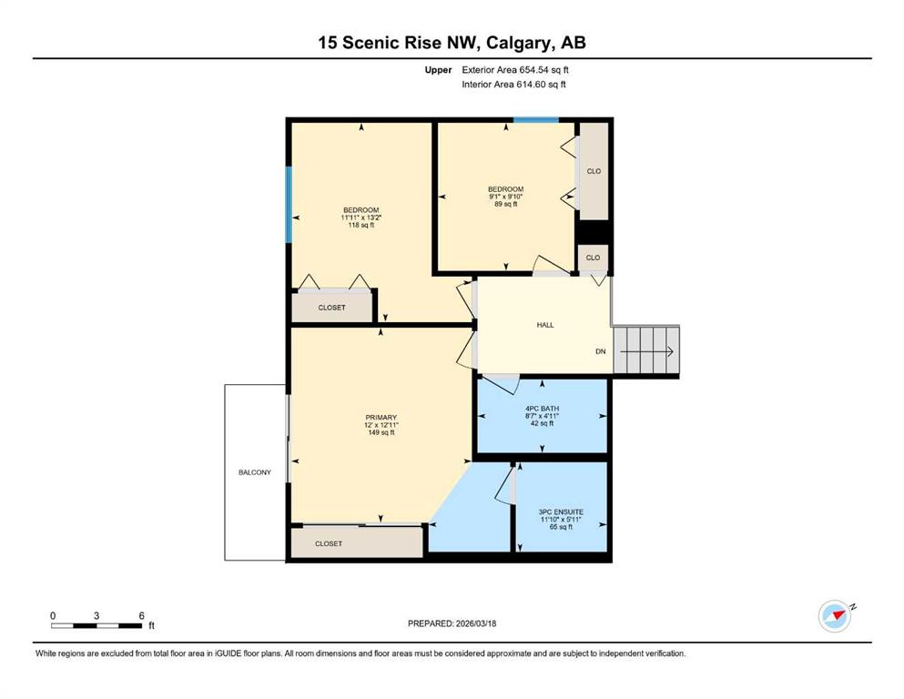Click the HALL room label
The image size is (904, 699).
tap(544, 325)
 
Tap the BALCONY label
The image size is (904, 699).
tap(254, 472)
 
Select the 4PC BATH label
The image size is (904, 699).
tap(542, 409)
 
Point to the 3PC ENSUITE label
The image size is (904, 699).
tap(561, 512)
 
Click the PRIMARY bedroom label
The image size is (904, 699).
tap(381, 418)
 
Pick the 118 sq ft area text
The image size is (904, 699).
tap(361, 226)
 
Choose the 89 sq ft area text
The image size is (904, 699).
tap(505, 204)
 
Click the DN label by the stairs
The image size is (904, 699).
tap(601, 351)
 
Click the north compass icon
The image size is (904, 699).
tap(836, 615)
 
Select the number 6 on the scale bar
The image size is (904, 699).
tap(142, 615)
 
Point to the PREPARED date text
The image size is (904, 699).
tap(452, 623)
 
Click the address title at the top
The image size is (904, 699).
tap(452, 43)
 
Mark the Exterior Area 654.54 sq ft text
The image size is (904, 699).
tap(515, 70)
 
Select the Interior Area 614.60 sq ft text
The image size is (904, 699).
tap(513, 84)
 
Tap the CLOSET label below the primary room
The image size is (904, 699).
tap(329, 543)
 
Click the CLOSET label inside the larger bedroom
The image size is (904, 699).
tap(332, 308)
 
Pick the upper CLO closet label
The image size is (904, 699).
tap(594, 171)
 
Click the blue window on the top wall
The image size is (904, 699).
tap(536, 120)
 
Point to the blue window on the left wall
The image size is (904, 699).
tap(289, 205)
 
